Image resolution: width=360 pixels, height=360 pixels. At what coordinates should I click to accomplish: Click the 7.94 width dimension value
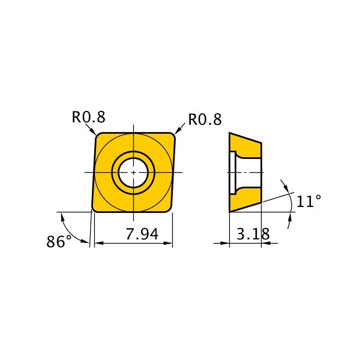(x=142, y=234)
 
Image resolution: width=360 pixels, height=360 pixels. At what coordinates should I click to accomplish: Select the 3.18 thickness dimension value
(x=253, y=234)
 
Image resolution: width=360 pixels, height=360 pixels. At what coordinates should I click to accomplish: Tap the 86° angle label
(x=59, y=242)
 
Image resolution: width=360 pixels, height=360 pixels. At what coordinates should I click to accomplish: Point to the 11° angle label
(x=309, y=201)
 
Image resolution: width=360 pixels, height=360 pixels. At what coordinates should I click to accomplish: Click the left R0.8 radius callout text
(x=89, y=117)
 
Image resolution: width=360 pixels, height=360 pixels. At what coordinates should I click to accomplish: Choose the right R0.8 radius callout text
(x=205, y=119)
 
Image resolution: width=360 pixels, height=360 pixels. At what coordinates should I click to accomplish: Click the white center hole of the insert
(x=133, y=172)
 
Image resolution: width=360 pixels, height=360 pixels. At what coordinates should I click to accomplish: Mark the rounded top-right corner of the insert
(x=172, y=136)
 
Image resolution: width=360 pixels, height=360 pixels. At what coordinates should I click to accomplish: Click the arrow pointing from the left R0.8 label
(x=91, y=129)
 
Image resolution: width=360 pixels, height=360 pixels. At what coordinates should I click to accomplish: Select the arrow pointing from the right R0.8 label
(x=180, y=128)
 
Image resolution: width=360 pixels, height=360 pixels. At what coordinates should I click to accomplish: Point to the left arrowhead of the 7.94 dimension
(x=98, y=243)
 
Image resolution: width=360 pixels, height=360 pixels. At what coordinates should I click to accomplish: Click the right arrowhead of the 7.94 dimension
(x=168, y=243)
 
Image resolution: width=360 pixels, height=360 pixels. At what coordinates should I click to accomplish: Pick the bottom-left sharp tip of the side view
(x=230, y=212)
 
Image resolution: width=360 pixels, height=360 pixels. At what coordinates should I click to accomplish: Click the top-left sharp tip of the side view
(x=230, y=133)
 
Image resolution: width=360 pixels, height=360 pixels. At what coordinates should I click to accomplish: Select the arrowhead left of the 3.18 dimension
(x=225, y=243)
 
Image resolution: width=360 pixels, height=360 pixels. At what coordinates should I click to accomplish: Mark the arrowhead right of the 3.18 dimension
(x=266, y=243)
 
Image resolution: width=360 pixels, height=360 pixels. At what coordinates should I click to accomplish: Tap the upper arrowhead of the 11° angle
(x=286, y=188)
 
